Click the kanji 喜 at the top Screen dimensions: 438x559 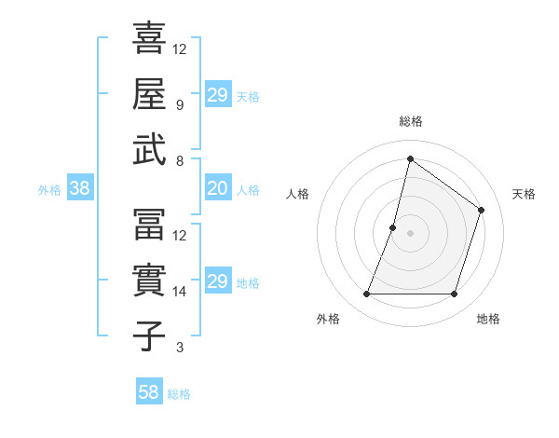149,38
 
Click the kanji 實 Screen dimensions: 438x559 149,281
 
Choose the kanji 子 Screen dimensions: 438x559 149,335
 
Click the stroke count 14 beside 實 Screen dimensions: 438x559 180,292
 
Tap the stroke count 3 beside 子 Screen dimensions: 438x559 180,348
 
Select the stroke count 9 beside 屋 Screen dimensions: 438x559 180,104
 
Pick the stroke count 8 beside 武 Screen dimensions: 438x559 180,160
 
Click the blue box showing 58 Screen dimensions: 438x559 149,392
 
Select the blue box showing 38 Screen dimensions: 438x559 80,189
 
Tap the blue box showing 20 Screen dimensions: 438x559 218,189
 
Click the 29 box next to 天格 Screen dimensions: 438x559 218,95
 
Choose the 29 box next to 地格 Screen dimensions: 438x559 218,281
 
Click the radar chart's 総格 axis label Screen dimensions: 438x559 411,121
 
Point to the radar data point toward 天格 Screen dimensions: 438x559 482,210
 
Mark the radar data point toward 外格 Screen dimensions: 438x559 366,294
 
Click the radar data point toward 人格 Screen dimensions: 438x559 393,227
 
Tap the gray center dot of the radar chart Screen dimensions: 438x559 411,233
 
